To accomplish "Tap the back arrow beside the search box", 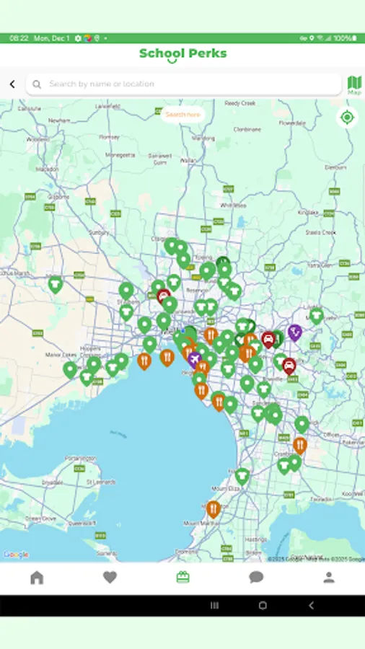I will click(x=12, y=84).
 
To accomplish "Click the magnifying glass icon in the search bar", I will click(x=37, y=84).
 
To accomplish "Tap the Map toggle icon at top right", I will click(x=354, y=85).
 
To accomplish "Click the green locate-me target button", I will click(x=347, y=118).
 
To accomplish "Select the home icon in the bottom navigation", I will click(x=37, y=577).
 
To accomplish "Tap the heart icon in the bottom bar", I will click(x=110, y=577).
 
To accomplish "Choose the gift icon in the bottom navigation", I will click(x=182, y=577).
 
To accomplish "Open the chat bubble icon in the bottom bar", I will click(x=256, y=577).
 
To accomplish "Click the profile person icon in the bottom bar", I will click(x=329, y=577).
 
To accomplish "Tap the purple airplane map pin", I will click(x=193, y=358).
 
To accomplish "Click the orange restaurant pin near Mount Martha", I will click(x=213, y=509).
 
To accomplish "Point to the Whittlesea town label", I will click(x=233, y=205).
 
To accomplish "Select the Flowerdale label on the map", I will click(x=292, y=123).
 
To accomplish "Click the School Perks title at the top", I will click(x=182, y=53).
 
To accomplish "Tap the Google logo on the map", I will click(x=16, y=555).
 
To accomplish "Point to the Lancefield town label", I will click(x=105, y=106).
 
